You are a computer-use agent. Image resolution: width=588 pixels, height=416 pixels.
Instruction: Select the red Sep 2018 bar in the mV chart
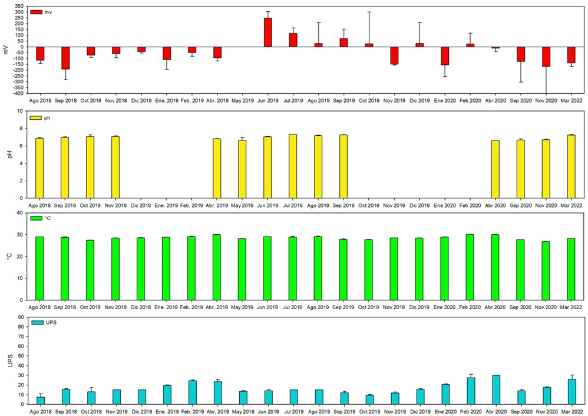point(65,58)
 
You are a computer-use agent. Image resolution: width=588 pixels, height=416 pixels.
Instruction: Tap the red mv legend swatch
point(36,12)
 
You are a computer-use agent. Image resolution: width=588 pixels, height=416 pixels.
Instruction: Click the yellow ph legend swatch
point(36,117)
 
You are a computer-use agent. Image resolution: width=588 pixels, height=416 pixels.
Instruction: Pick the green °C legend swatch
point(36,218)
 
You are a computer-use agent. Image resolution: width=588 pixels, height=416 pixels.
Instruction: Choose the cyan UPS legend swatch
point(36,323)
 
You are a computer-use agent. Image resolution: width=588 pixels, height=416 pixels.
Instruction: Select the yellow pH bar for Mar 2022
point(571,166)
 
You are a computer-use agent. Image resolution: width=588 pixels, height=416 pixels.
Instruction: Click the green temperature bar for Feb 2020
point(470,267)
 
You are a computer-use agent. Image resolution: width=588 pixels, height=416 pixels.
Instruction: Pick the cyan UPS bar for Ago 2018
point(40,400)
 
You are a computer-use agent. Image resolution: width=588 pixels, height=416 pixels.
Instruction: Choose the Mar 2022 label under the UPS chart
point(571,411)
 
